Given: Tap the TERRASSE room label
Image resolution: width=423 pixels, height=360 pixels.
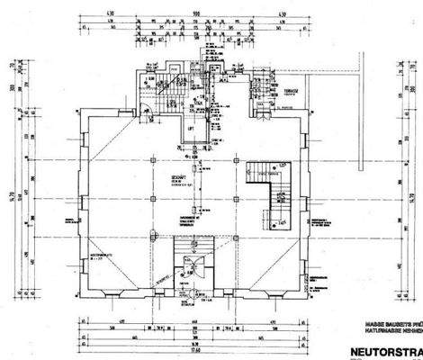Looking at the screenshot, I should click(291, 92).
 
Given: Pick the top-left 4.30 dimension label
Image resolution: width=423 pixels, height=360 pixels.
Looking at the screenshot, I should click(86, 14).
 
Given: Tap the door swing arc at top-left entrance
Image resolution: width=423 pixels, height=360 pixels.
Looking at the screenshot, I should click(144, 110).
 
